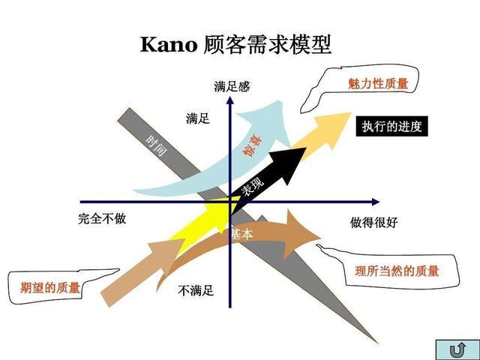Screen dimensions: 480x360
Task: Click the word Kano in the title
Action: point(169,45)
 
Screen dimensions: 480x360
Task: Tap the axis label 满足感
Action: point(232,86)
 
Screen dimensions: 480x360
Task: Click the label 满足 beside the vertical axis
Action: point(198,118)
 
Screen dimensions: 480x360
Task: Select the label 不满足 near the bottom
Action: point(196,290)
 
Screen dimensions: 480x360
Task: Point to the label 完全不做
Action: point(102,218)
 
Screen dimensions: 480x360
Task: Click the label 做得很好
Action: point(373,222)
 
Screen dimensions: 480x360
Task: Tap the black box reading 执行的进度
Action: point(391,126)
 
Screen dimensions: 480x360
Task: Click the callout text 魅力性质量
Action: point(378,83)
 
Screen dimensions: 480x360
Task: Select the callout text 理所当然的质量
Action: point(397,271)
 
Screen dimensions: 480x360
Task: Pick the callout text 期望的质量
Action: point(50,288)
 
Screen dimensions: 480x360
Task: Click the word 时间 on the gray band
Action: point(157,145)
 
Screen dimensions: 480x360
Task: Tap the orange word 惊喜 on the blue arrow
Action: point(252,145)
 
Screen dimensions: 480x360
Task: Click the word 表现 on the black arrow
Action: point(252,187)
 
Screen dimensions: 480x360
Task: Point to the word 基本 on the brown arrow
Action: point(241,234)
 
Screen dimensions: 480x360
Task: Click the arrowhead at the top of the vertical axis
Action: point(230,100)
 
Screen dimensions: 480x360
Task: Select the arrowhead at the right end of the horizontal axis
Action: point(376,202)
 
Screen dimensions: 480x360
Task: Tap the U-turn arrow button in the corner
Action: point(457,349)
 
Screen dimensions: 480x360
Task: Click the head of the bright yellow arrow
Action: point(225,211)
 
